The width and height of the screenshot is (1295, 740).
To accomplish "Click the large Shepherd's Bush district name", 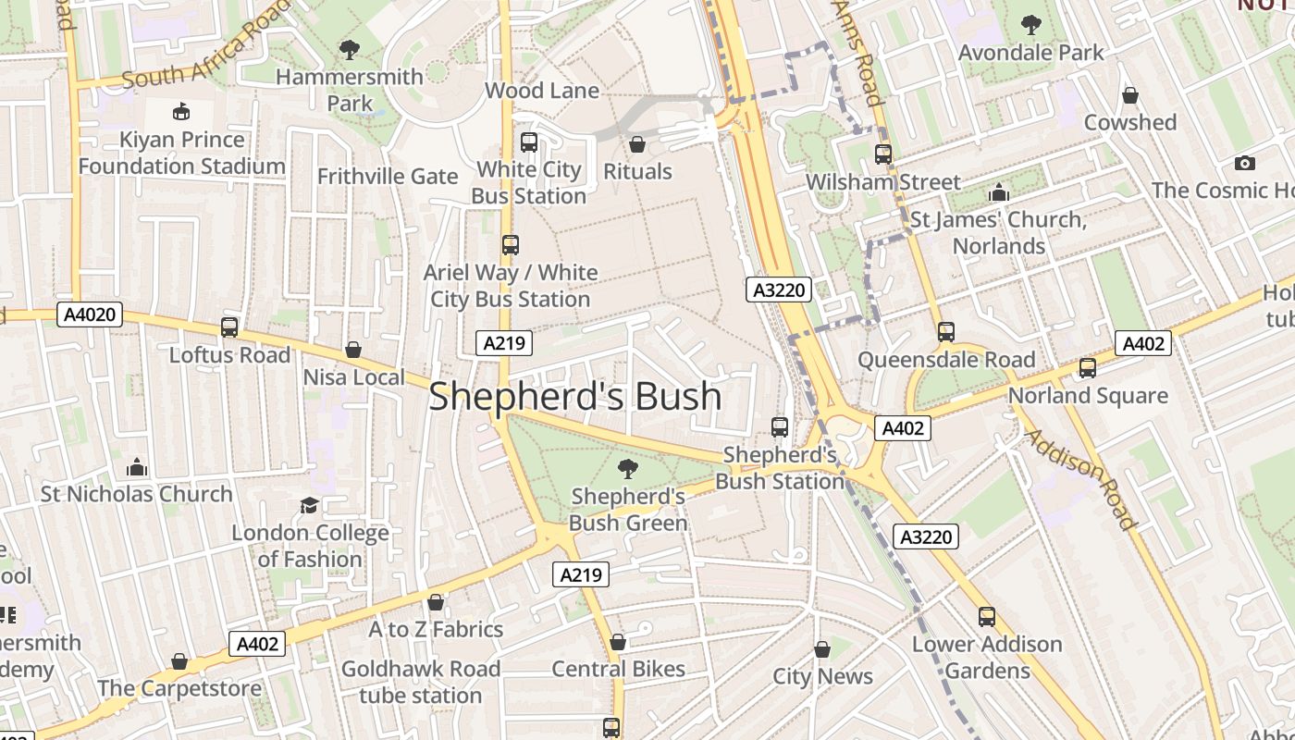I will point(574,396).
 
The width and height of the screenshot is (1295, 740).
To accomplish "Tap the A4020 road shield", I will point(90,314).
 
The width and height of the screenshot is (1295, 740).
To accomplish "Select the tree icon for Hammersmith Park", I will point(349,49).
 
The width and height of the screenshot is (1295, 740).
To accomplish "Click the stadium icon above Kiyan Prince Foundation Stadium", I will point(181,112).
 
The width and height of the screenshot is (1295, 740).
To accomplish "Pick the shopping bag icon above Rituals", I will point(636,144).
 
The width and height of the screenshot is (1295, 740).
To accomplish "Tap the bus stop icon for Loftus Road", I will point(229,327).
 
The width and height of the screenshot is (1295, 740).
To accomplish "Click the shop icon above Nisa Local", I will point(353,350).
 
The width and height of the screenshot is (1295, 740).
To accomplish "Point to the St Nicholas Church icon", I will point(137,467).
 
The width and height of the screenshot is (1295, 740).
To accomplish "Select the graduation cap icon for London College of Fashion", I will point(309,505).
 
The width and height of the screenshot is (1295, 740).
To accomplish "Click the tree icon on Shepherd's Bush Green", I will point(627,469).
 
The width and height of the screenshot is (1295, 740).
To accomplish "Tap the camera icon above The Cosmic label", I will point(1245,163).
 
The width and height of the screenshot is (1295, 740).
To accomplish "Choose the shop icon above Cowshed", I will point(1129,95).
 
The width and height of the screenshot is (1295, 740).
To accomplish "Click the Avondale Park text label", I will point(1030,53).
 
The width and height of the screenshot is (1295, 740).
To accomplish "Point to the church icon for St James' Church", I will point(998,192).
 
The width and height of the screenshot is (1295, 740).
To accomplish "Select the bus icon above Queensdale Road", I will point(945,332).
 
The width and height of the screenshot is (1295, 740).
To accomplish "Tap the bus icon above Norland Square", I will point(1087,368).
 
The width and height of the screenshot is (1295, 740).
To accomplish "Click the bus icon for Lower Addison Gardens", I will point(987,617).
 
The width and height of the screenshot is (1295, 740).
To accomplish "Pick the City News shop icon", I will point(821,649).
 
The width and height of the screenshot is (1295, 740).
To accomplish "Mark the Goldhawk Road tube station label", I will point(421,682).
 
